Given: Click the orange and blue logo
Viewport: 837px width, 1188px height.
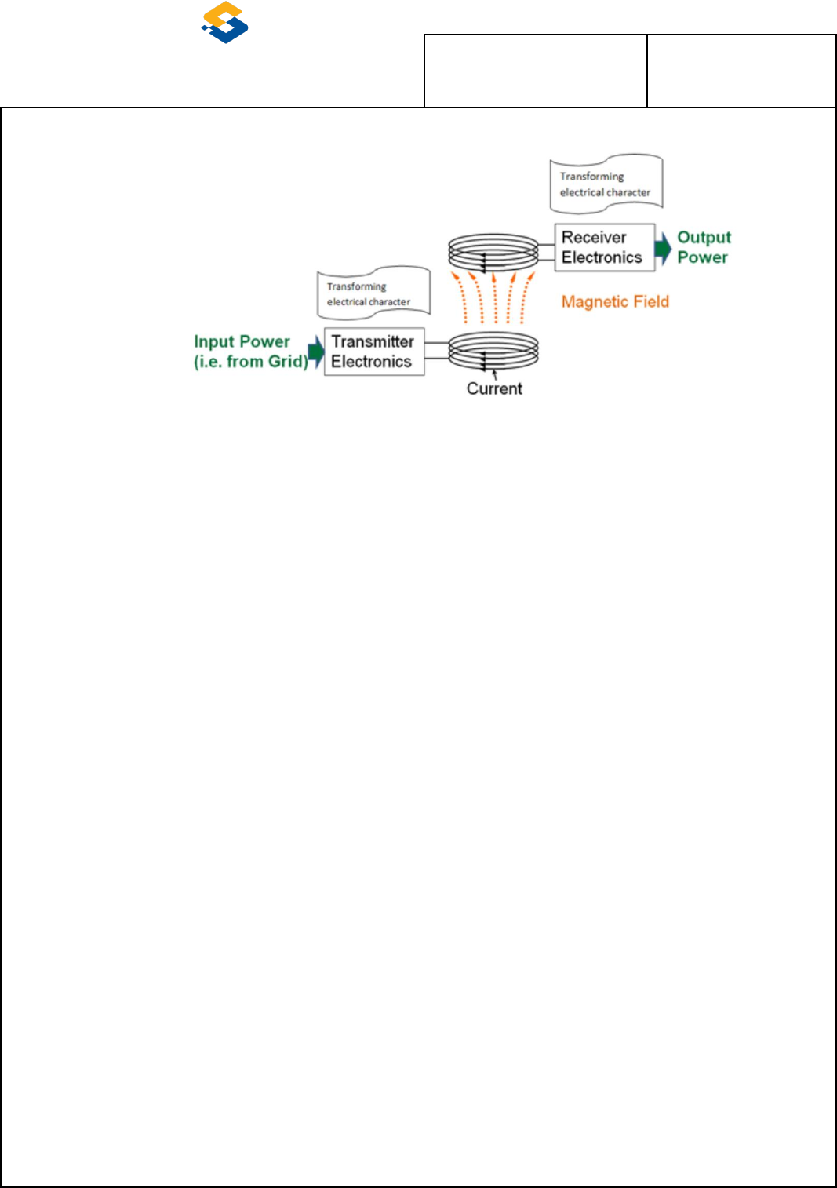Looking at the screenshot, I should tap(225, 22).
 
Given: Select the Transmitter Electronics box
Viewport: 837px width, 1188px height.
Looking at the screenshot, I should tap(373, 352).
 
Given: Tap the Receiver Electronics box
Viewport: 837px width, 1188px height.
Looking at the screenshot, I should tap(604, 248).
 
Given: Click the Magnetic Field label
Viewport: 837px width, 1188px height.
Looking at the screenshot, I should tap(615, 302).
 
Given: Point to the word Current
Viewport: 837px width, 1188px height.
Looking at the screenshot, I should tap(494, 388).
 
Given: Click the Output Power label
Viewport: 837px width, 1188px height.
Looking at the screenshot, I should tap(704, 247).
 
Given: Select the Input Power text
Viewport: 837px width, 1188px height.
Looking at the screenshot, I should tap(242, 342).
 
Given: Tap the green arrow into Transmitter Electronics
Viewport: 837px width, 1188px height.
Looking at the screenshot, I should tap(315, 351).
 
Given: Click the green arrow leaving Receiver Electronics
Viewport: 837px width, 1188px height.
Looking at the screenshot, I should tap(664, 247).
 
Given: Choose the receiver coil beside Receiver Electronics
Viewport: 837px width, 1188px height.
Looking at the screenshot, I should tap(493, 252).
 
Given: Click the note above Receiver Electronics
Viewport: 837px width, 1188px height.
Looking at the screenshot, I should tap(606, 184).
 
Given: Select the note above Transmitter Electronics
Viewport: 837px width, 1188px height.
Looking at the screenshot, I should tap(373, 293).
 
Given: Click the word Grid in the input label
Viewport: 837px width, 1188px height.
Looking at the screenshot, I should tap(286, 362).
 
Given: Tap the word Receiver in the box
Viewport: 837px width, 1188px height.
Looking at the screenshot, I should tap(594, 238).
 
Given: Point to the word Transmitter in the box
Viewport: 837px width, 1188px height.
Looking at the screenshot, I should tap(373, 342).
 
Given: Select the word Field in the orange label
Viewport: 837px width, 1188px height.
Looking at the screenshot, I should tap(648, 302).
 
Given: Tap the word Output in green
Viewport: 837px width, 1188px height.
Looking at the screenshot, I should tap(704, 238).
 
